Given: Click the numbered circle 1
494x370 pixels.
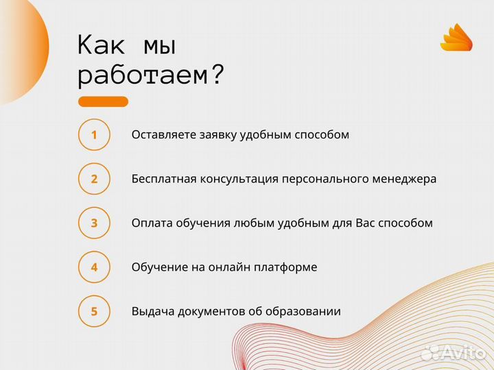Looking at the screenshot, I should [94, 134].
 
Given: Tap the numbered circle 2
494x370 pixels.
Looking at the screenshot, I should [94, 179].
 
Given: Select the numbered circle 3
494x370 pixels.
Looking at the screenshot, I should [94, 223].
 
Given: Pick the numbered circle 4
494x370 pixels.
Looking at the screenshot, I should [94, 267].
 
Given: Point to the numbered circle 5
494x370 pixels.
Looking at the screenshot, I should [94, 311].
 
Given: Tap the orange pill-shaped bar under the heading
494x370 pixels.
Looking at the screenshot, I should [103, 101].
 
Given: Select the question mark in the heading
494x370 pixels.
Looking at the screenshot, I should [216, 73].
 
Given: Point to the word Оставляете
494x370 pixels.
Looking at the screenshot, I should [164, 134].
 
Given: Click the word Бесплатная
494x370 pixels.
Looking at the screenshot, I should [164, 179].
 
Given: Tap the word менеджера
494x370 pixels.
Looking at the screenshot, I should [405, 179].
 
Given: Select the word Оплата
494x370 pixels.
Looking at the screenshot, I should [150, 223].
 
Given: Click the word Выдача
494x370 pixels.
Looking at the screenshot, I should [152, 311].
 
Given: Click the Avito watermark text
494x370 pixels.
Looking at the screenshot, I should [463, 353].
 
